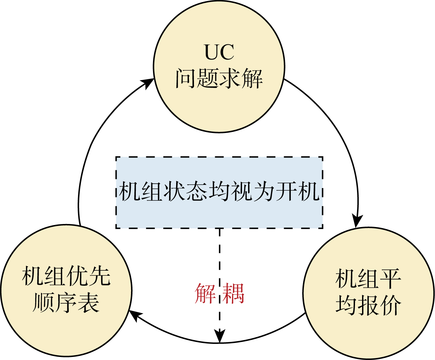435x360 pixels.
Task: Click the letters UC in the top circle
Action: (219, 52)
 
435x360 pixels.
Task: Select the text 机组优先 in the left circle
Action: (66, 276)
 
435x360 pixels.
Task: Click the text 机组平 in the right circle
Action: (368, 279)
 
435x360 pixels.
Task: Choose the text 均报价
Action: (368, 305)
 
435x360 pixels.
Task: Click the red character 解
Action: (205, 293)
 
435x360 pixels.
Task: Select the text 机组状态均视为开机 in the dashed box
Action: (219, 191)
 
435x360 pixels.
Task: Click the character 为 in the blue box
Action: (264, 191)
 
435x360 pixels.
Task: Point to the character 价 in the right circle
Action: (391, 305)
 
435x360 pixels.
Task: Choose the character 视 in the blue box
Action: (242, 191)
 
